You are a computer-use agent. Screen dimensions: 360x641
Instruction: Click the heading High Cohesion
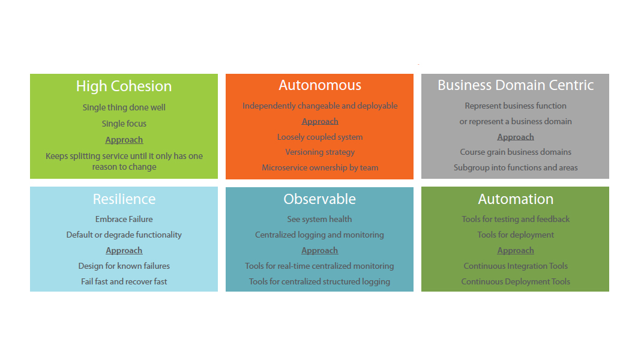[124, 86]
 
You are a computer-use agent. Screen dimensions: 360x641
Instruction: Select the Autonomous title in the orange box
[320, 85]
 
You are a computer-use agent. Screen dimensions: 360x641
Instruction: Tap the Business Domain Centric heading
[516, 85]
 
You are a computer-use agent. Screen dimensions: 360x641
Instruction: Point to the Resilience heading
[124, 199]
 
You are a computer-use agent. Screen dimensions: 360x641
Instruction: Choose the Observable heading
[320, 199]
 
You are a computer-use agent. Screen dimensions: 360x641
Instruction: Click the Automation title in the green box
[516, 199]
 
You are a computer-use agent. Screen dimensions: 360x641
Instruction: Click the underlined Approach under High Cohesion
[124, 140]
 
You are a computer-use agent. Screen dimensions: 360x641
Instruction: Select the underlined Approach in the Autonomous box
[320, 121]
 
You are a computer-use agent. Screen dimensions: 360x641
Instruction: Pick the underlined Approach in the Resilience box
[124, 250]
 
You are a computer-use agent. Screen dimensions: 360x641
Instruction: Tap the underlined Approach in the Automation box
[516, 250]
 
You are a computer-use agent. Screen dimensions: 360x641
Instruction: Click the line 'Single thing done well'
[124, 107]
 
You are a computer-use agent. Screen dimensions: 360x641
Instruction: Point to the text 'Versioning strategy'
[320, 152]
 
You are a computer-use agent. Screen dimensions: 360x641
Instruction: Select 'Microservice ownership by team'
[320, 168]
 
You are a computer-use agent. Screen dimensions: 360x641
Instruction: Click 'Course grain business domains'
[516, 152]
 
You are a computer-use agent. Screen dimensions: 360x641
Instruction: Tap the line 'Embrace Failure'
[124, 219]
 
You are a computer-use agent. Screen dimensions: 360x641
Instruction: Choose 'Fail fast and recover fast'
[124, 281]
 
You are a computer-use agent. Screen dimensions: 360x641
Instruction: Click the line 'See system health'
[320, 219]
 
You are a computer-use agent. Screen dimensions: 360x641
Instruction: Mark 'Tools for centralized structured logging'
[320, 281]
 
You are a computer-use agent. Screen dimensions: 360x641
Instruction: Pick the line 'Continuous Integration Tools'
[516, 266]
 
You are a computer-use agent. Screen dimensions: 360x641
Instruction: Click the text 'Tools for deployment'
[516, 235]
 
